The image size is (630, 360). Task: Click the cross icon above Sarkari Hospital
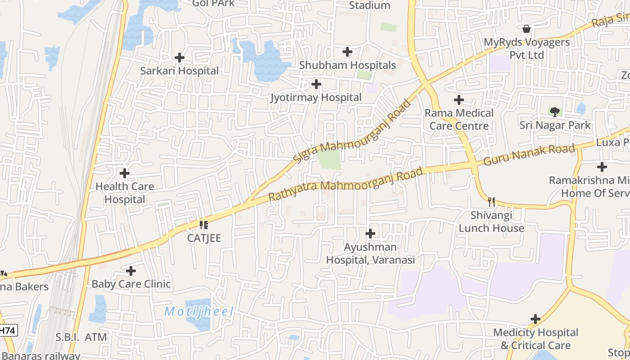pyautogui.click(x=180, y=58)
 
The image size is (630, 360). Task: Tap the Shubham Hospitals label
pyautogui.click(x=347, y=65)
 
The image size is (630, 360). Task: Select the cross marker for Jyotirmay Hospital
pyautogui.click(x=316, y=84)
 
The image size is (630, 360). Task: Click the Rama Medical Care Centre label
pyautogui.click(x=459, y=119)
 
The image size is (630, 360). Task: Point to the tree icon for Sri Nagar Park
pyautogui.click(x=555, y=111)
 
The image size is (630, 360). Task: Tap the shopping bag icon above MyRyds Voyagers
pyautogui.click(x=526, y=29)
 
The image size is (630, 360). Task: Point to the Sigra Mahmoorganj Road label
pyautogui.click(x=352, y=131)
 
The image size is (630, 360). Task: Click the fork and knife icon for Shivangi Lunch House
pyautogui.click(x=491, y=202)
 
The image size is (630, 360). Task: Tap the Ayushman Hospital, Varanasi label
pyautogui.click(x=370, y=253)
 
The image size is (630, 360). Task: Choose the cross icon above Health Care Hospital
pyautogui.click(x=125, y=173)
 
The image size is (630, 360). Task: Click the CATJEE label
pyautogui.click(x=204, y=238)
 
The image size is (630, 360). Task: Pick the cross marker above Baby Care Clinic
pyautogui.click(x=131, y=271)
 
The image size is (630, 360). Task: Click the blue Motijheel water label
pyautogui.click(x=199, y=311)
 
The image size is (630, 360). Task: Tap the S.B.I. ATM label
pyautogui.click(x=81, y=337)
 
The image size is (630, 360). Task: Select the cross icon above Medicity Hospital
pyautogui.click(x=535, y=319)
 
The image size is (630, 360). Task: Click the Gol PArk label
pyautogui.click(x=213, y=4)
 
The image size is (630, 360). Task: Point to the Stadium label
pyautogui.click(x=369, y=5)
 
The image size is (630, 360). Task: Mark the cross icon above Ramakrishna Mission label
pyautogui.click(x=602, y=167)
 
